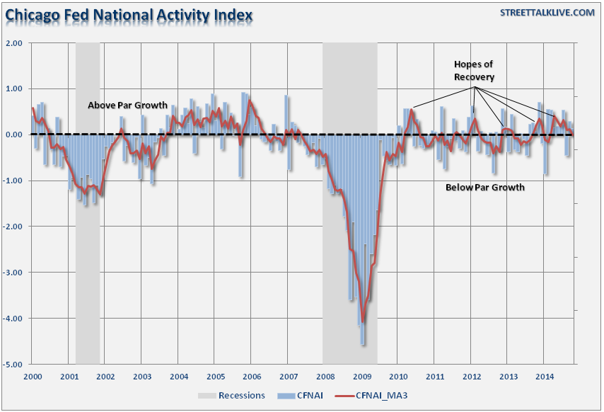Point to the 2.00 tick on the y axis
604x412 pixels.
click(x=15, y=42)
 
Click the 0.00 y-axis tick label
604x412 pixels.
click(x=15, y=135)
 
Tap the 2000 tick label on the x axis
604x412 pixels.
click(x=33, y=377)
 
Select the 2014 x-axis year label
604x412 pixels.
click(x=544, y=377)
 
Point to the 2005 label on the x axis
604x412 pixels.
click(x=215, y=377)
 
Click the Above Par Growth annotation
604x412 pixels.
click(x=127, y=105)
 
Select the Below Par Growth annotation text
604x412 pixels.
click(x=484, y=188)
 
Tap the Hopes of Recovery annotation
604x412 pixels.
click(x=474, y=71)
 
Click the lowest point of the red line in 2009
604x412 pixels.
click(x=362, y=320)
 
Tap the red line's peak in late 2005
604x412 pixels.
click(x=249, y=101)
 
